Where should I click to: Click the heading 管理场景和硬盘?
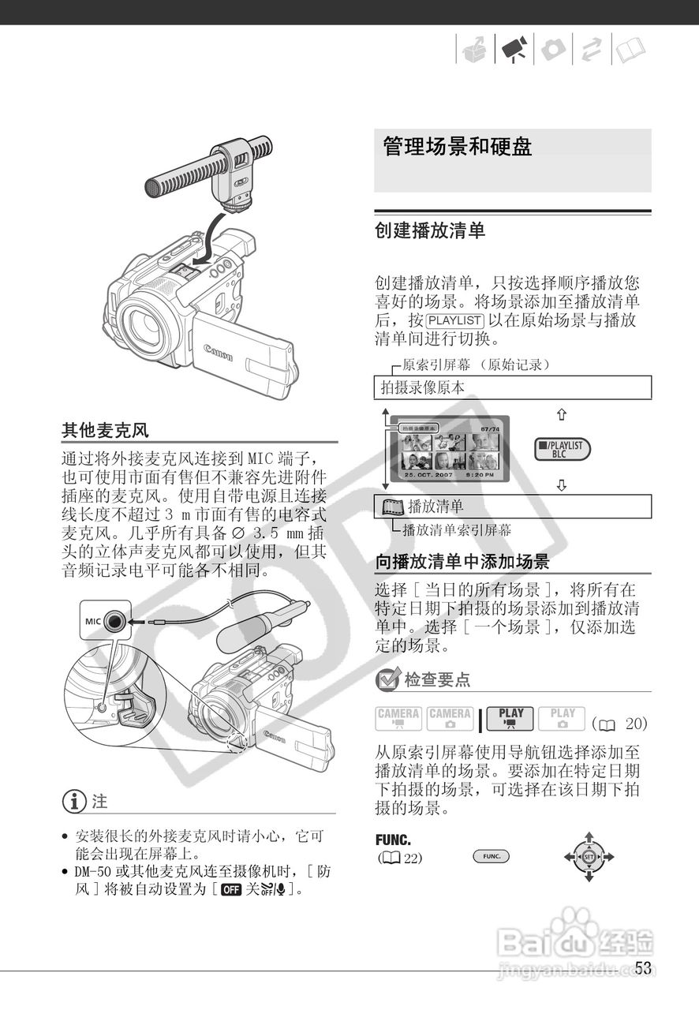458,147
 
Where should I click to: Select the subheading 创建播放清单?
430,231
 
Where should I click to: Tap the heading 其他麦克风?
105,430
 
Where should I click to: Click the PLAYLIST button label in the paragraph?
454,320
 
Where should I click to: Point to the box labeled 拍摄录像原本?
512,387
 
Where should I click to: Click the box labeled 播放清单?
512,507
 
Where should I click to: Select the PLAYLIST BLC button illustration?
562,450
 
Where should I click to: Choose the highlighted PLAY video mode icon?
510,718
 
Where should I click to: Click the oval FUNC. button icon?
492,856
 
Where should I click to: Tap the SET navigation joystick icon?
589,856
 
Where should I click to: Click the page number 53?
643,969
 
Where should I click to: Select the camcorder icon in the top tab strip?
514,50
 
